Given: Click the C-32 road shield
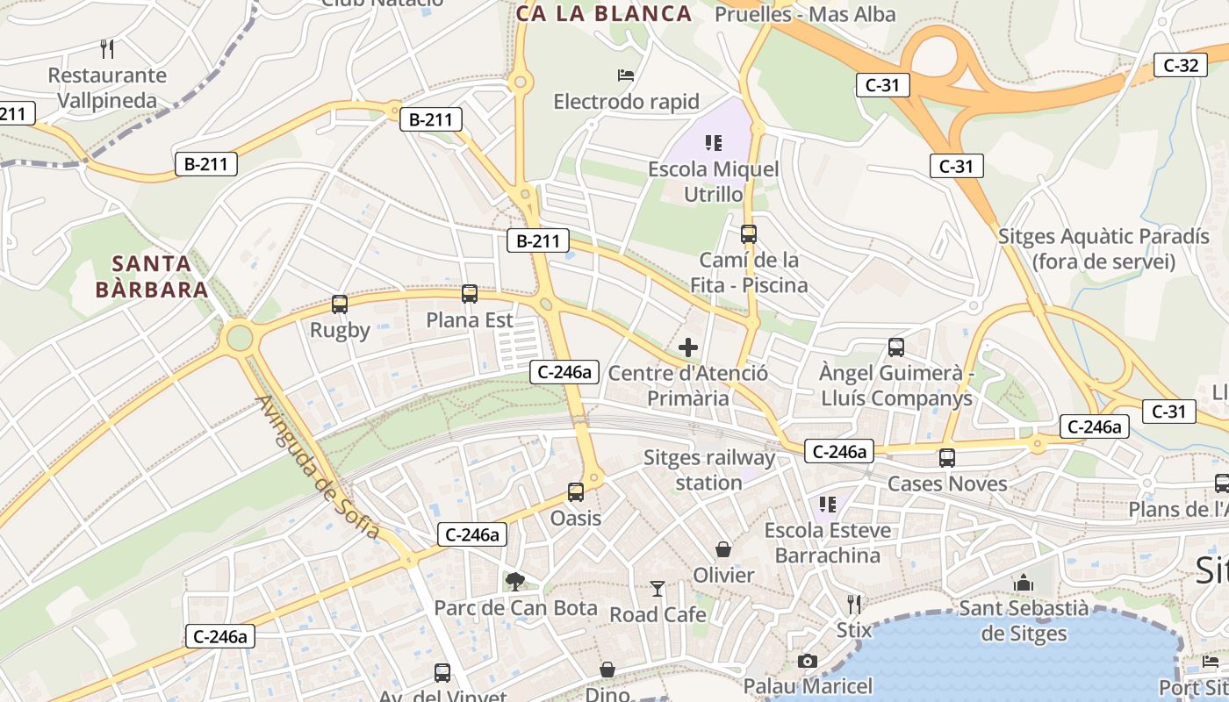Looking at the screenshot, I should (x=1180, y=65).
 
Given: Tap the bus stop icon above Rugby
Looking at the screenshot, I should (x=340, y=304).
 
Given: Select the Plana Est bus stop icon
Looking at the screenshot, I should (x=470, y=294).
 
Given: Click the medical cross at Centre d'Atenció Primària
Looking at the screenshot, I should (x=688, y=347).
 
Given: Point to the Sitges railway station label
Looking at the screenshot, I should (x=709, y=469).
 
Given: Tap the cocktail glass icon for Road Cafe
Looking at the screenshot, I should (x=658, y=589).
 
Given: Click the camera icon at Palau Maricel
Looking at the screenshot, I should (x=808, y=661).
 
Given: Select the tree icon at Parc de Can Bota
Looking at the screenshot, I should (x=515, y=581).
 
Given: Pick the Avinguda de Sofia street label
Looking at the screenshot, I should (x=318, y=468).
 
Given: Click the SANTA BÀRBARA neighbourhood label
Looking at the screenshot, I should (x=151, y=276).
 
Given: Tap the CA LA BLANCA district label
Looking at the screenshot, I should (x=604, y=13).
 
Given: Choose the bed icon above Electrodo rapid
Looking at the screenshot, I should (x=626, y=75).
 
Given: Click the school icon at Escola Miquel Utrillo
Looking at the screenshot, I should (x=713, y=142).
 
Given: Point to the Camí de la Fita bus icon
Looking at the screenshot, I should (x=749, y=234).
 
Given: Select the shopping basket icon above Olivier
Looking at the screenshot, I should (x=723, y=549).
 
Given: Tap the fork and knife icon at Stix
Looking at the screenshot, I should (x=853, y=604).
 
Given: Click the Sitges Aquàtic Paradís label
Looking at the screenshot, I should (x=1103, y=248).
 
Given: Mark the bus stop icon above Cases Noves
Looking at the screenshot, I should (x=947, y=457).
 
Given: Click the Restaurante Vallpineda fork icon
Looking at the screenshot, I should (x=107, y=48).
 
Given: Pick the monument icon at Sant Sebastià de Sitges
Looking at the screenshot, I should (x=1024, y=583).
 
